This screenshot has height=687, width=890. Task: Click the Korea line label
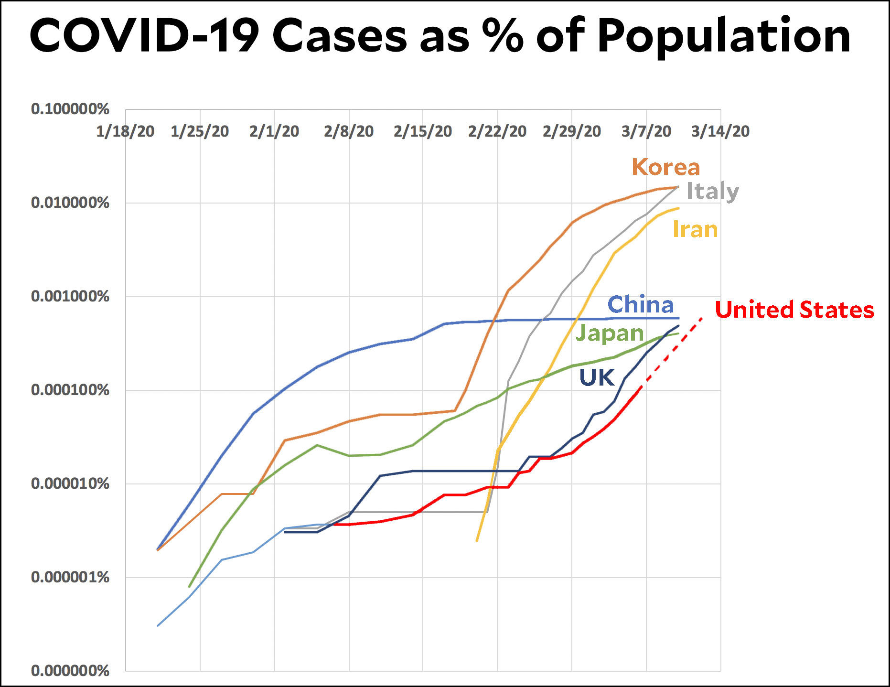pos(665,167)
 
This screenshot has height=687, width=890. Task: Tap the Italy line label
pos(712,191)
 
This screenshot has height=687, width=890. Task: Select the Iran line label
pos(695,229)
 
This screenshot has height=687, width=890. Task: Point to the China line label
pos(641,305)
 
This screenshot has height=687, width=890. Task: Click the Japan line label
pos(610,333)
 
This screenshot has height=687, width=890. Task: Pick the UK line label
pos(597,377)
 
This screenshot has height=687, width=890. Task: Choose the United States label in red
pos(794,310)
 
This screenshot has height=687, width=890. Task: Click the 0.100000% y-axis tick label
pos(70,109)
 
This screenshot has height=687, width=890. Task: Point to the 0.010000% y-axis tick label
pos(70,203)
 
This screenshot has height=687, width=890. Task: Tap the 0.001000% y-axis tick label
pos(70,296)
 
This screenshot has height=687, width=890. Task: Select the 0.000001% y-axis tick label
pos(70,577)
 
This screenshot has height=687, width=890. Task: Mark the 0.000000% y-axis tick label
pos(70,671)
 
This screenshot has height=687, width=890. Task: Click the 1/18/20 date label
pos(125,131)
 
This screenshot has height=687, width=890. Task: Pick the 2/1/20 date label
pos(274,131)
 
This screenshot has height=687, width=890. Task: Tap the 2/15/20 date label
pos(423,131)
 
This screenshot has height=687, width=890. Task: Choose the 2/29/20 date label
pos(572,131)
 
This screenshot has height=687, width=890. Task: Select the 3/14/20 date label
pos(720,131)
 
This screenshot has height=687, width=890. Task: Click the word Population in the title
pos(724,36)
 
